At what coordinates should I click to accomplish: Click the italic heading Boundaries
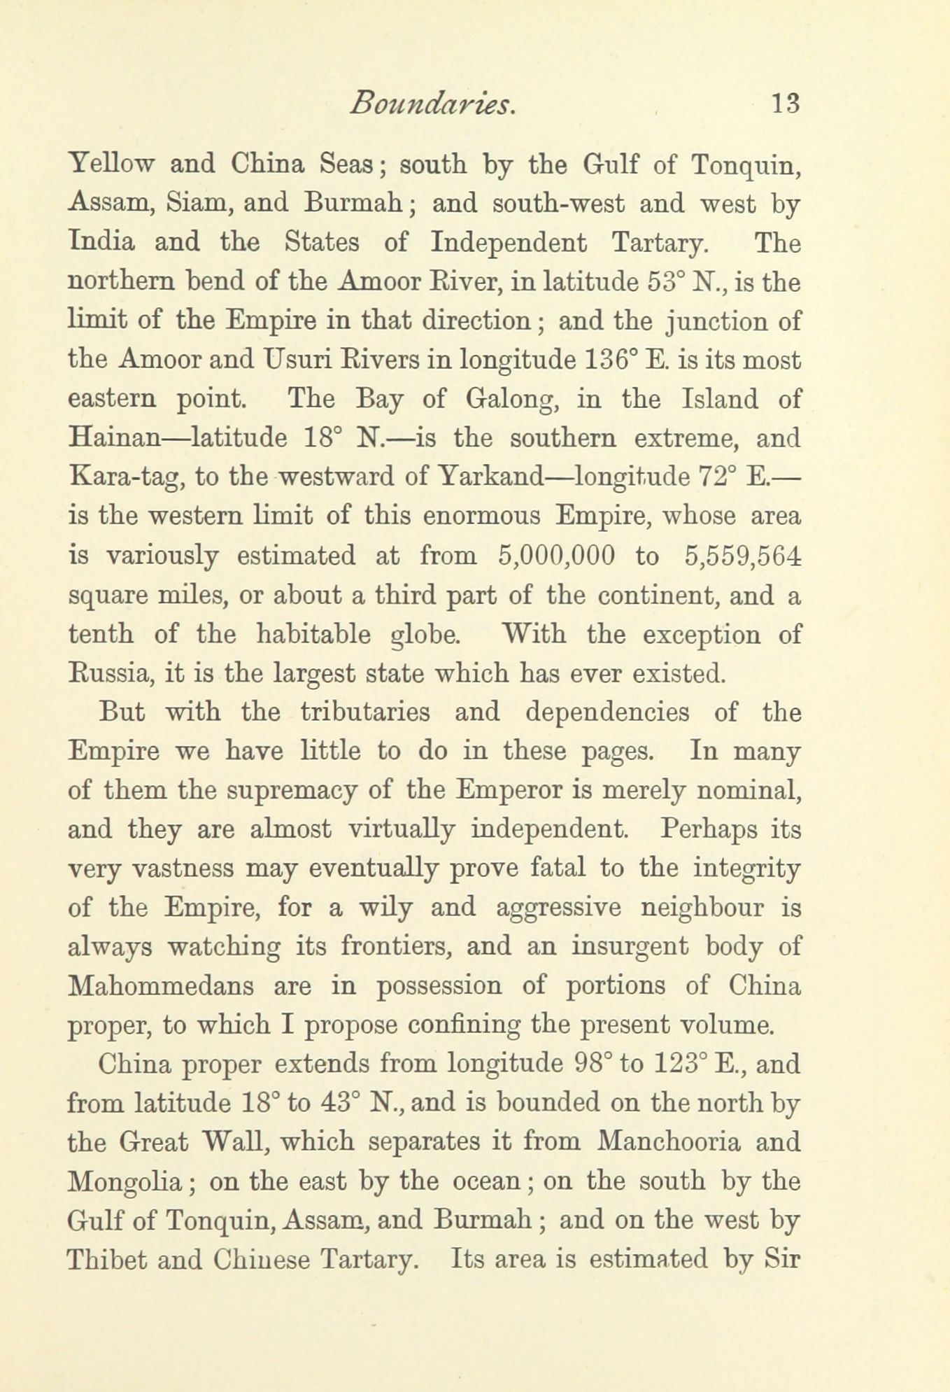pos(433,104)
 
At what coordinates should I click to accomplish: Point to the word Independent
pos(509,242)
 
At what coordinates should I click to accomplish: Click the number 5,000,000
pos(558,556)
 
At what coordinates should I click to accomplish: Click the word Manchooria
pos(669,1142)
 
